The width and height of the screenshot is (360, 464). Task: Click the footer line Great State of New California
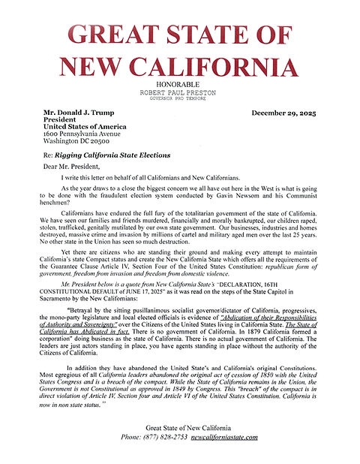click(179, 448)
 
